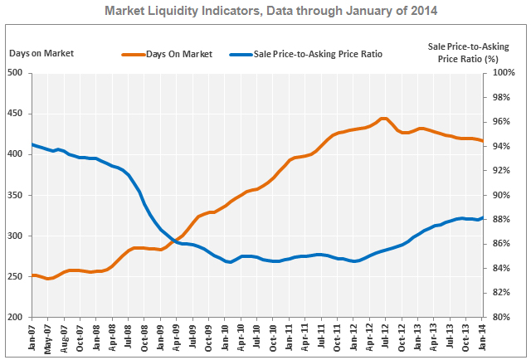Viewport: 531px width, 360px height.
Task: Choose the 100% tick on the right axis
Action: click(x=503, y=72)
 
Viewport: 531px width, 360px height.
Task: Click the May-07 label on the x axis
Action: click(x=49, y=339)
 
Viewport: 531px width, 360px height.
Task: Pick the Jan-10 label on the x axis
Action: click(x=226, y=339)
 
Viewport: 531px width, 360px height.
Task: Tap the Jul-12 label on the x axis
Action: click(x=386, y=339)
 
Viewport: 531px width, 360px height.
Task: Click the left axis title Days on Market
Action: click(x=41, y=54)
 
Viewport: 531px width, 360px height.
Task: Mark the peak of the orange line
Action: click(x=383, y=119)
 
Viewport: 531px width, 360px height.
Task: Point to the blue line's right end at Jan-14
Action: click(x=482, y=218)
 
